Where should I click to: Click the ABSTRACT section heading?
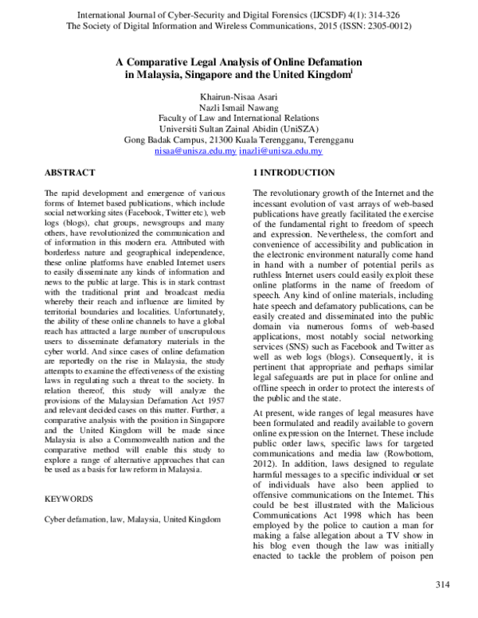point(70,172)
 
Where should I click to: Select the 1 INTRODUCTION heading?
point(282,172)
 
